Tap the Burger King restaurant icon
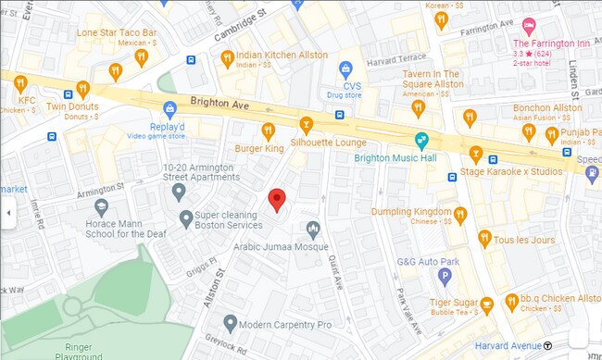coord(268,130)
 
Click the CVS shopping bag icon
coord(345,68)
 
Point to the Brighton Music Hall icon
coord(421,141)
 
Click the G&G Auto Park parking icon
coord(445,275)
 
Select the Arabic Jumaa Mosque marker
coord(313,229)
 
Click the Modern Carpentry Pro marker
coord(229,324)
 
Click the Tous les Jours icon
coord(483,240)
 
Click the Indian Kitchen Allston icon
coord(227,58)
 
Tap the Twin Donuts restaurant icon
coord(82,89)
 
